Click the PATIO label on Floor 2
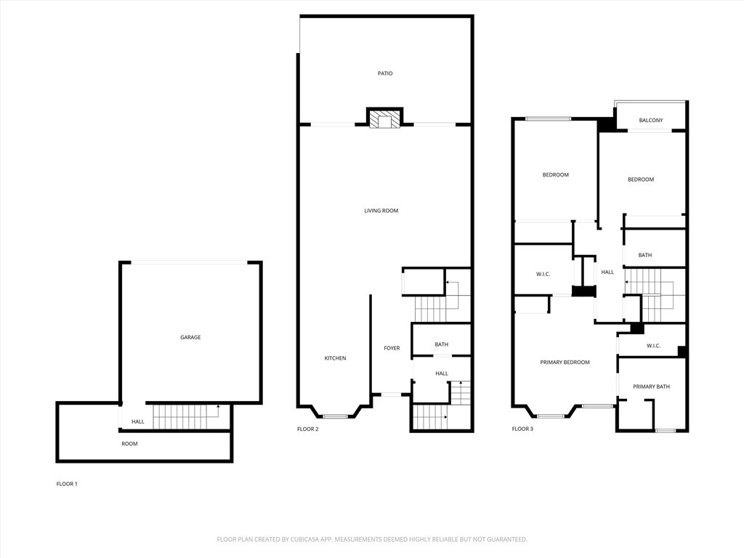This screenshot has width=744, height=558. coord(385,73)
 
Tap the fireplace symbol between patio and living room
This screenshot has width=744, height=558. coord(384,119)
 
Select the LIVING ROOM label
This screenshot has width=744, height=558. coord(381,211)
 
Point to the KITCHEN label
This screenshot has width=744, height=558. coord(335,358)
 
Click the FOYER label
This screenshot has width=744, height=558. coord(392,348)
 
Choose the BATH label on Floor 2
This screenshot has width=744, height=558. coord(441,344)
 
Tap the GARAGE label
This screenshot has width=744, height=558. coord(190,337)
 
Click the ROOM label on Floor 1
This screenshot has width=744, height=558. coord(129,443)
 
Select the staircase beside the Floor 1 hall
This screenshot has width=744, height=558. coord(185,417)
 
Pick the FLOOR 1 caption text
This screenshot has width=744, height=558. coord(67,484)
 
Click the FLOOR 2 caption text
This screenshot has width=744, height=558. coord(307,429)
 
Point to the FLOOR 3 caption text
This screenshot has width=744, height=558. coord(522,429)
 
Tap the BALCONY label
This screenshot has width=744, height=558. coord(650,121)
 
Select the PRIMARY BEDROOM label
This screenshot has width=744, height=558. coord(565,362)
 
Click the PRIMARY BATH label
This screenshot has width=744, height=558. coord(651,387)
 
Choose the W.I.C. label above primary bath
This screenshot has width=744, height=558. coord(653,346)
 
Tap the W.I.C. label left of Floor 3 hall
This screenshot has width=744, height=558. coord(543,274)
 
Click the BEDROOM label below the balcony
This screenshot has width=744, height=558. coord(641,179)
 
